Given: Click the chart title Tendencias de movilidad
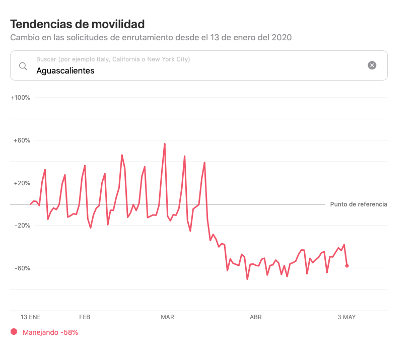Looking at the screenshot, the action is [78, 24].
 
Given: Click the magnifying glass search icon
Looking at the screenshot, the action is [23, 66].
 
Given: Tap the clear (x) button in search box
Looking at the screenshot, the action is [372, 65].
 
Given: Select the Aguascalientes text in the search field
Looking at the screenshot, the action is [65, 70].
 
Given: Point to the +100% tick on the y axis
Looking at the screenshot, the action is [20, 98].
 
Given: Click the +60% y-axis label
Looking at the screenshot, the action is [22, 140].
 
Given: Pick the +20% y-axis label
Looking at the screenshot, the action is [22, 183].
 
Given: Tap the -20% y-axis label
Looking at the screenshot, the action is [22, 226].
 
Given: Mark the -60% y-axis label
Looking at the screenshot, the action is [22, 268].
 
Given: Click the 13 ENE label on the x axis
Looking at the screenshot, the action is [31, 317].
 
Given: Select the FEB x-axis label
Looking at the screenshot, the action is [85, 317].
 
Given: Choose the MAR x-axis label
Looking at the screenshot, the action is [167, 317].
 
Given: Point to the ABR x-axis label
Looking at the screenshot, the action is [256, 317].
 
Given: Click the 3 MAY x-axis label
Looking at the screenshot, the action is [346, 317].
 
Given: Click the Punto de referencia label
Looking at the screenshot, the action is [359, 204].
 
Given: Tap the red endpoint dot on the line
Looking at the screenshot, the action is [347, 266].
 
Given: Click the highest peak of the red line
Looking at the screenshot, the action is [165, 144].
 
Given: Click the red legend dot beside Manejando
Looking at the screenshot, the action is [14, 332].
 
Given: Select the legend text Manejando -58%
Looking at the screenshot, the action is [50, 332].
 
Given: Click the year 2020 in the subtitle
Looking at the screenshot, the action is [282, 37].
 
